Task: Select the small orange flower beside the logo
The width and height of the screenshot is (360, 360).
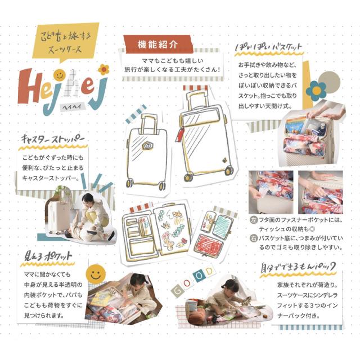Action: tap(103, 69)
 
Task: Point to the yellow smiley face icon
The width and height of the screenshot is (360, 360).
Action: tap(96, 274)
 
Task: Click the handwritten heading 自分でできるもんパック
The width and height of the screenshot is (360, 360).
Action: tap(298, 266)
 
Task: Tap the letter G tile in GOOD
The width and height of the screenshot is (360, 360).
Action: tap(177, 291)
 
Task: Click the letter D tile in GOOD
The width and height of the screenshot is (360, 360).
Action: tap(209, 272)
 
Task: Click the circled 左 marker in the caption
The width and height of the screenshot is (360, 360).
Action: tap(253, 219)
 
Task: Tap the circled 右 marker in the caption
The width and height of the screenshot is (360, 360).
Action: tap(253, 238)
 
